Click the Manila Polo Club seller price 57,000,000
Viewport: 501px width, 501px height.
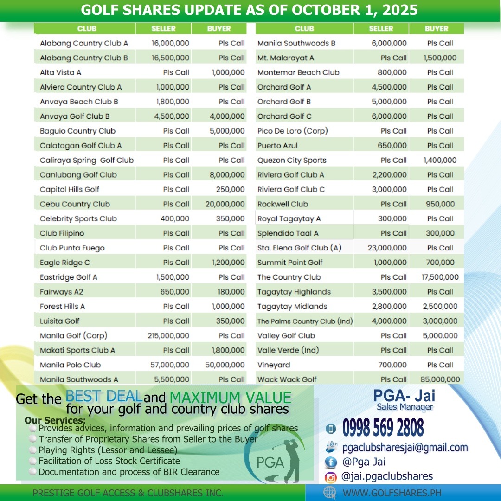(x=170, y=365)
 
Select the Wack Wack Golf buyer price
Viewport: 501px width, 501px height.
(x=440, y=379)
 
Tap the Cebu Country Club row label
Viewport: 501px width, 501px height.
(x=75, y=204)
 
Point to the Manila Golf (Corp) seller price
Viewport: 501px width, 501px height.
(x=168, y=335)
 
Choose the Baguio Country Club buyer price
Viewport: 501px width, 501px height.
(x=227, y=131)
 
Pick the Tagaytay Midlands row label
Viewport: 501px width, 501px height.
(x=292, y=306)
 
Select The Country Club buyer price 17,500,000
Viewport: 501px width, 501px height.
(x=440, y=277)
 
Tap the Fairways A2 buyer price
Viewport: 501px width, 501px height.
(x=231, y=292)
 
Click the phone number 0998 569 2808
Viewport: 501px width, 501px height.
(x=383, y=428)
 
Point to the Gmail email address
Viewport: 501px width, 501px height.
(x=405, y=448)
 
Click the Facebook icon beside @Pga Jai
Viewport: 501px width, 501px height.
(x=331, y=462)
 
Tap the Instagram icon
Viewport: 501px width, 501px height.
(x=331, y=477)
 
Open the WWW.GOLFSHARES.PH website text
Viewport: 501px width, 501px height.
(x=392, y=493)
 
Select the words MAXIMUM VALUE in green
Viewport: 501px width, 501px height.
(x=230, y=398)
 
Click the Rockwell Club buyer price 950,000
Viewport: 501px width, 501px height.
(x=440, y=204)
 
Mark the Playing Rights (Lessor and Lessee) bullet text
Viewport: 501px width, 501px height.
(x=108, y=450)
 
